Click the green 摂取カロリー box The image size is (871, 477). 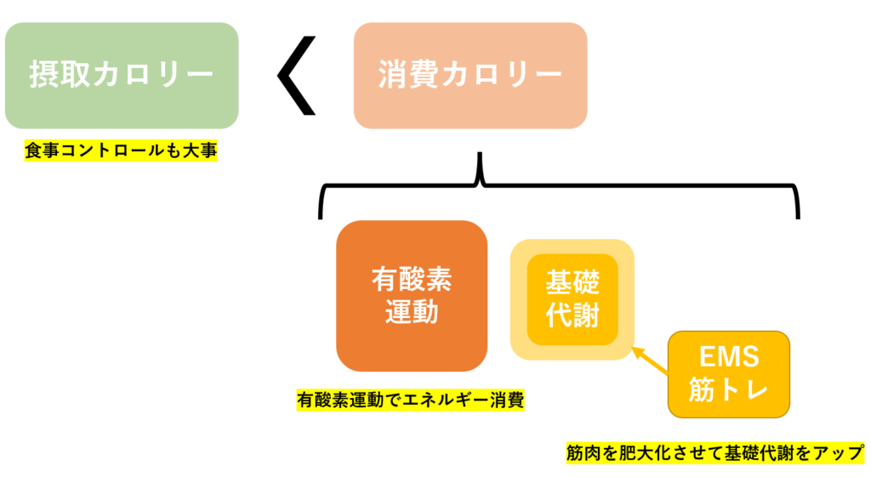coord(121,76)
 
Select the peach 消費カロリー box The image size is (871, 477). coord(470,76)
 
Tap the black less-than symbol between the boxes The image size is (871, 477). coord(297,75)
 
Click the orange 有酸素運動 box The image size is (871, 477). coord(412,295)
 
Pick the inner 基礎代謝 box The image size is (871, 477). coord(572,299)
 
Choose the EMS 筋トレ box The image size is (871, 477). coord(729,374)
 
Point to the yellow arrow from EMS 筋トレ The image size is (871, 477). coord(653,361)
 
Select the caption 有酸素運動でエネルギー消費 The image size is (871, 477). coord(410,399)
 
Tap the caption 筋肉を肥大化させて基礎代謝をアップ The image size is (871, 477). coord(715,452)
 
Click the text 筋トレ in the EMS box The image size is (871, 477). coord(729,391)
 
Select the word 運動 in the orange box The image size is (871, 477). coord(412,312)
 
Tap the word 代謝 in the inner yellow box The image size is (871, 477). coord(572,316)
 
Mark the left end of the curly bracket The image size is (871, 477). coord(322,216)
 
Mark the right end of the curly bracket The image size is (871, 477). coord(797,216)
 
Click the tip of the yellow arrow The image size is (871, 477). coord(637,349)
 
